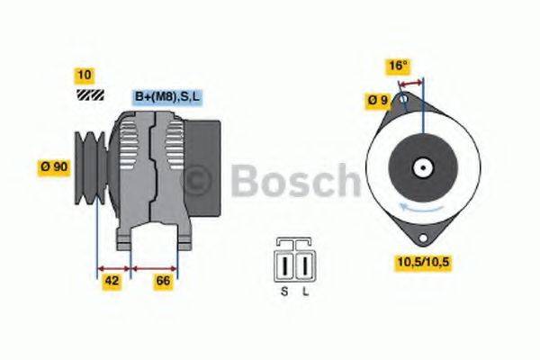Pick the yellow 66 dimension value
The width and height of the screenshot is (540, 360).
(x=164, y=283)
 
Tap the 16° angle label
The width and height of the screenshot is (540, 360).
(x=399, y=66)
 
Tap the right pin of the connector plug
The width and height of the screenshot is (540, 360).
(x=305, y=266)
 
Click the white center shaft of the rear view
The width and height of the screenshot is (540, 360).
(x=421, y=167)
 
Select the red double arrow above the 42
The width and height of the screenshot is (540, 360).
(x=113, y=267)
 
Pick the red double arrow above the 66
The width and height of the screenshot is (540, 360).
(x=155, y=267)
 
